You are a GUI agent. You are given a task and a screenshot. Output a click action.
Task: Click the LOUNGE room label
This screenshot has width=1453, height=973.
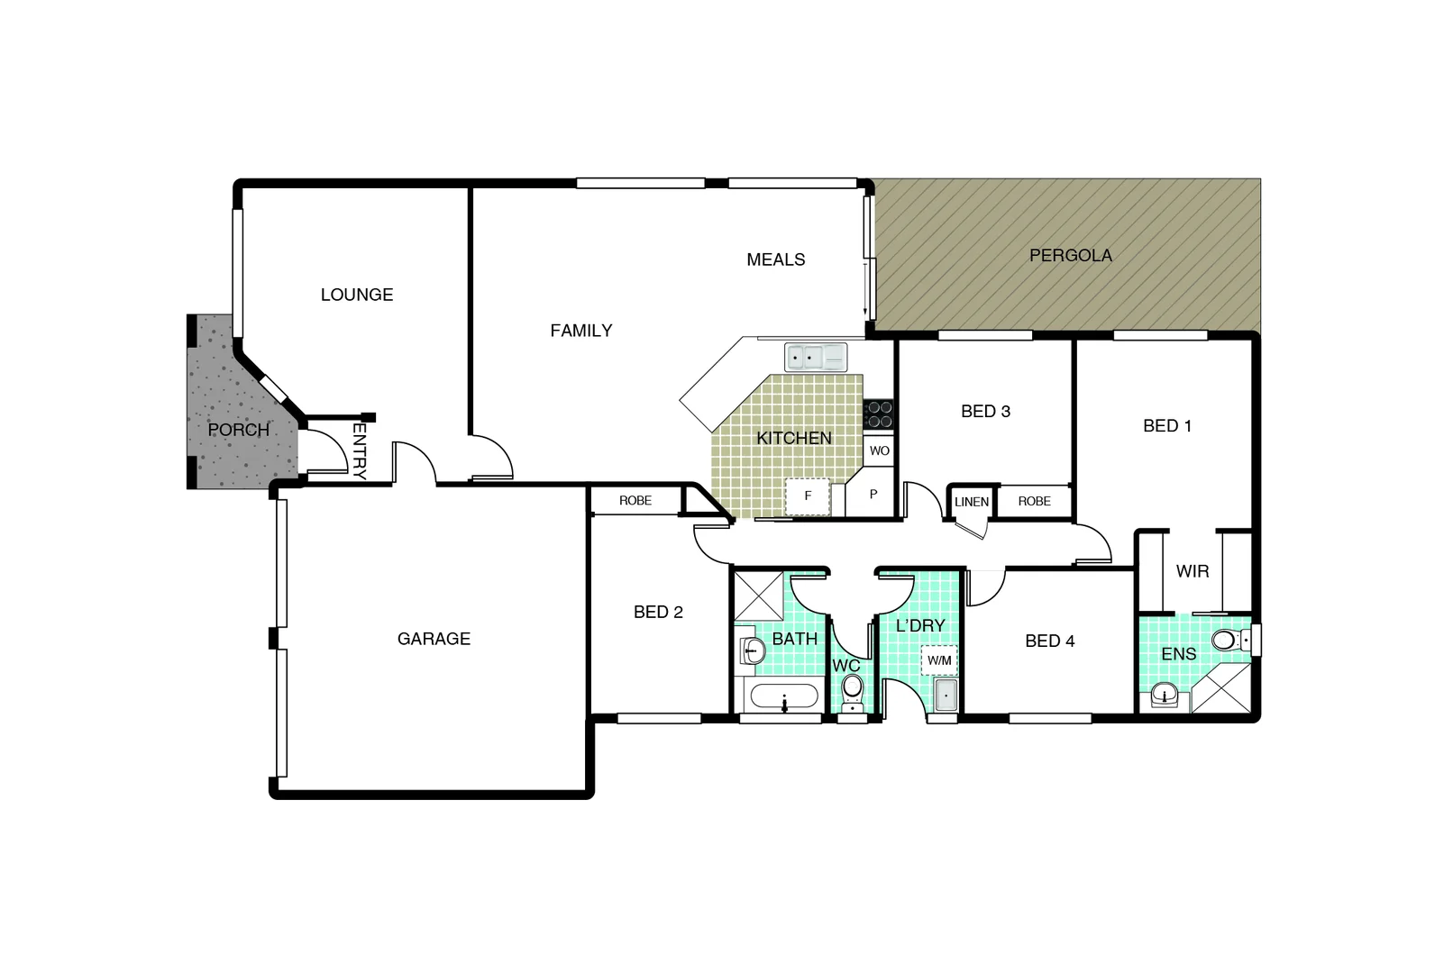point(357,295)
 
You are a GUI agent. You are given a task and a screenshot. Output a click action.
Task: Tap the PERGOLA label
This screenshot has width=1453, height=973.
point(1070,256)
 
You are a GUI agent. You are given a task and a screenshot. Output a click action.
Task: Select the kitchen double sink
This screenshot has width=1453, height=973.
point(816,358)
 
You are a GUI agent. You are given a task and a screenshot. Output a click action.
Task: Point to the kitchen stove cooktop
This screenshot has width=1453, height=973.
point(879,414)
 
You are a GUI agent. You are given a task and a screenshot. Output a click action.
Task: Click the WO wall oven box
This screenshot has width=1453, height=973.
point(879,450)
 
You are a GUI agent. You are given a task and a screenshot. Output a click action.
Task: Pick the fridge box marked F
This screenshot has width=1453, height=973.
point(808,496)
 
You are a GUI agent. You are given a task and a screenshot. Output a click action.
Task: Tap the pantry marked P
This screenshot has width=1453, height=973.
point(873,495)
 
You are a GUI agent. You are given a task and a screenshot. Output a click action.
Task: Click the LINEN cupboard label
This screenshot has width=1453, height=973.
point(972,502)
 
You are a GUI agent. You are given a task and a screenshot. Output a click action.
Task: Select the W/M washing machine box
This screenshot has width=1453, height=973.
point(939,660)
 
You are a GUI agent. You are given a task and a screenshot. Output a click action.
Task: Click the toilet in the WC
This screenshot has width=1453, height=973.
point(852,689)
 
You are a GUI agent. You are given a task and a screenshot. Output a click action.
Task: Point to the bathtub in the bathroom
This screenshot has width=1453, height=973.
point(784,698)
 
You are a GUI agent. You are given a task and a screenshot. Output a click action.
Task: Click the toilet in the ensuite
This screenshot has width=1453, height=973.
point(1228,641)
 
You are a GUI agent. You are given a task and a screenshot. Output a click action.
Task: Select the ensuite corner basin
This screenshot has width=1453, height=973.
point(1165,696)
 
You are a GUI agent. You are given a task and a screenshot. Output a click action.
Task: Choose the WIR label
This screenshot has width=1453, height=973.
point(1193,571)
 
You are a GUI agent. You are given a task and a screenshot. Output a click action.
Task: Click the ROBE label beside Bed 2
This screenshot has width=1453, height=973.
point(635,501)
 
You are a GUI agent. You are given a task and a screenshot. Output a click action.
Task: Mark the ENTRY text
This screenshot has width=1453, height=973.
point(359,450)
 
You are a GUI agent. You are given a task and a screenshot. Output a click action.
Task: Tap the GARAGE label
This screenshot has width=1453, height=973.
point(434,639)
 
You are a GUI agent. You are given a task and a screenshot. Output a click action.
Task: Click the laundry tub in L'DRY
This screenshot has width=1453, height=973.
point(946,696)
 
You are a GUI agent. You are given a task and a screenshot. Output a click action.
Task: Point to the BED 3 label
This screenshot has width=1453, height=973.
point(985,412)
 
